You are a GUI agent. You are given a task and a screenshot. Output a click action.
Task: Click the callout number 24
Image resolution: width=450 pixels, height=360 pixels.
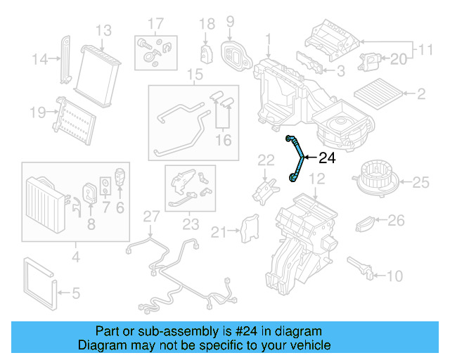tap(328, 158)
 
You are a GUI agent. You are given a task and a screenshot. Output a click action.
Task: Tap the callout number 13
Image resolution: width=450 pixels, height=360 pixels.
tap(103, 30)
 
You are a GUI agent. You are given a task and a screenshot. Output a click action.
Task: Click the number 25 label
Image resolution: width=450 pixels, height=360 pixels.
tap(420, 183)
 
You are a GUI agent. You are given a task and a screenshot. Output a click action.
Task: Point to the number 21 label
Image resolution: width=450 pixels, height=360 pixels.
tap(219, 232)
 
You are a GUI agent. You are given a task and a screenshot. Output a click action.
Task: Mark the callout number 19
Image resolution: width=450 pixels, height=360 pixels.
tap(36, 111)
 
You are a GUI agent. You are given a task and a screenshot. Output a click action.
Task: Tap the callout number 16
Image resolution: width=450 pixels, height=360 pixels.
tap(224, 141)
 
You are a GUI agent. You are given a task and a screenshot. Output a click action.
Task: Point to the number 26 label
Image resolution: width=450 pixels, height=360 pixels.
tap(397, 221)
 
